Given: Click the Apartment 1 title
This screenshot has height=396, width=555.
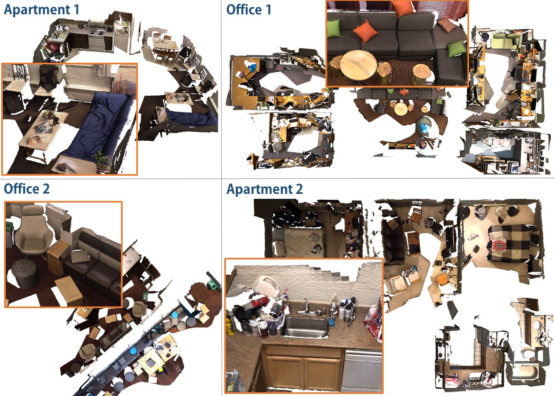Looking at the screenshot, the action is point(41,10).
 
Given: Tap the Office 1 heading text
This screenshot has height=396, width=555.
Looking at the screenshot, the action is point(249,10).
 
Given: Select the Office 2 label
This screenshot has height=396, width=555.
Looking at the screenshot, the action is point(27,189).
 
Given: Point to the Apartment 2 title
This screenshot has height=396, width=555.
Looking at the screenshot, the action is point(264,189).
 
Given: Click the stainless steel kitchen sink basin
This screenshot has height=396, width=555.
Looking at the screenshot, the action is point(306,327).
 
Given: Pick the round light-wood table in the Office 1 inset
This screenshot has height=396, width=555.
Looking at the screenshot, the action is point(358,65).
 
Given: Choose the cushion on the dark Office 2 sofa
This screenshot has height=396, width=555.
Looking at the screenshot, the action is point(80,256).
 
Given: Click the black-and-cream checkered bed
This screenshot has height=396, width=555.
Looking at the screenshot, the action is point(513,243).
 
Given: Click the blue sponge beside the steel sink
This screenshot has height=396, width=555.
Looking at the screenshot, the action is point(332,322).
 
